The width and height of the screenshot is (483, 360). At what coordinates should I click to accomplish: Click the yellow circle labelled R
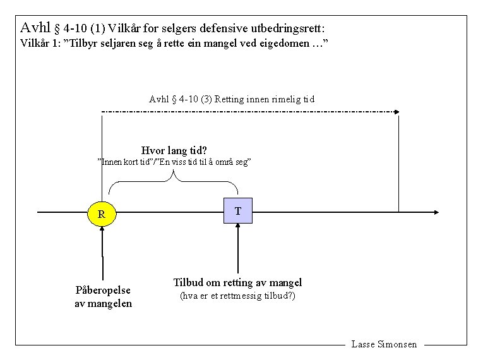[x=101, y=213]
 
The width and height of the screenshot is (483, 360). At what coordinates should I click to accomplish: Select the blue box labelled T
[x=237, y=210]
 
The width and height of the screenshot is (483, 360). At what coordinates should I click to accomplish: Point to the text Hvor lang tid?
[x=174, y=150]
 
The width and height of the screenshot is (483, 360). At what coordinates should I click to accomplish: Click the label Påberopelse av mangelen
[x=103, y=296]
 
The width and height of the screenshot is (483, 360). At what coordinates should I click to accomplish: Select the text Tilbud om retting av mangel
[x=237, y=282]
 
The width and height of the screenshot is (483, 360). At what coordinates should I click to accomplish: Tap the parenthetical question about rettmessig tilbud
[x=237, y=296]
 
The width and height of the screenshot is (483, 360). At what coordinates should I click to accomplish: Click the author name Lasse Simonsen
[x=384, y=344]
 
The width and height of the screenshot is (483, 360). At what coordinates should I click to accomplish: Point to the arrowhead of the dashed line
[x=397, y=112]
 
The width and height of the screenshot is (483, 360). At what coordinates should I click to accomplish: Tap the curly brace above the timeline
[x=174, y=183]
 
